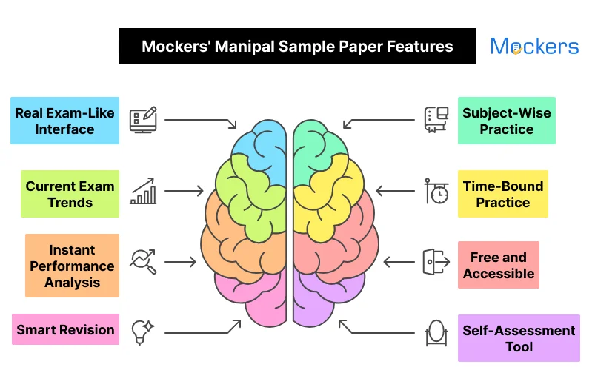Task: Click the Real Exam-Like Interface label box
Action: [x=64, y=121]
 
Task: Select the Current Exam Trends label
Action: [x=70, y=194]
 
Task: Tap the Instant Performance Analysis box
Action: [x=72, y=266]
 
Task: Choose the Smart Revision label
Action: [x=65, y=329]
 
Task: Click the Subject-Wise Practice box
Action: [x=506, y=121]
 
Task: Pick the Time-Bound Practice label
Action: [x=502, y=194]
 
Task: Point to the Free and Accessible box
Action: [x=498, y=265]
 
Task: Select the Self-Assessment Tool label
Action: [x=519, y=338]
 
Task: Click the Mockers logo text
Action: [x=534, y=47]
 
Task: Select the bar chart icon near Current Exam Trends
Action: [x=143, y=191]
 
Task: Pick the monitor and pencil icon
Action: [x=143, y=119]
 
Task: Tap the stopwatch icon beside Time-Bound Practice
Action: [x=436, y=191]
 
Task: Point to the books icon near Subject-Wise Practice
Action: [x=436, y=119]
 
